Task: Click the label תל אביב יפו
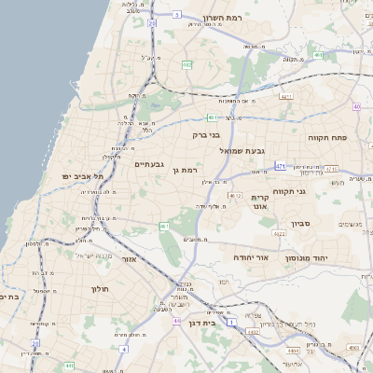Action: tap(81, 175)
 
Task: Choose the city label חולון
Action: tap(100, 289)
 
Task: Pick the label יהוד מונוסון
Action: tap(334, 255)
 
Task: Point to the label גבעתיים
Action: tap(149, 165)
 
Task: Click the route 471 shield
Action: tap(281, 166)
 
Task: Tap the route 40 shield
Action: tap(357, 106)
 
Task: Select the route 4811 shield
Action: tap(285, 96)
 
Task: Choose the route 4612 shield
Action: tap(236, 196)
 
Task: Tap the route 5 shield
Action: tap(176, 15)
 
